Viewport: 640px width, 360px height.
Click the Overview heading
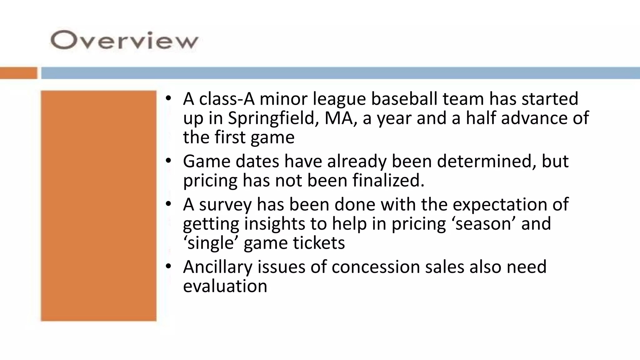pyautogui.click(x=124, y=41)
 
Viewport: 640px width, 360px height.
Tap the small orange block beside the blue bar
pyautogui.click(x=18, y=73)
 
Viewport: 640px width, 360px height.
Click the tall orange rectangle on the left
pyautogui.click(x=98, y=206)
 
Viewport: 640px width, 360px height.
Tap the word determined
pyautogui.click(x=486, y=162)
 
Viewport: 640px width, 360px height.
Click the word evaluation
pyautogui.click(x=225, y=286)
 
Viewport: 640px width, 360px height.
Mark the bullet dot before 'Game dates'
pyautogui.click(x=168, y=161)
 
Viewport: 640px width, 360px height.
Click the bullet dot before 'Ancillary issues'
pyautogui.click(x=168, y=266)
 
